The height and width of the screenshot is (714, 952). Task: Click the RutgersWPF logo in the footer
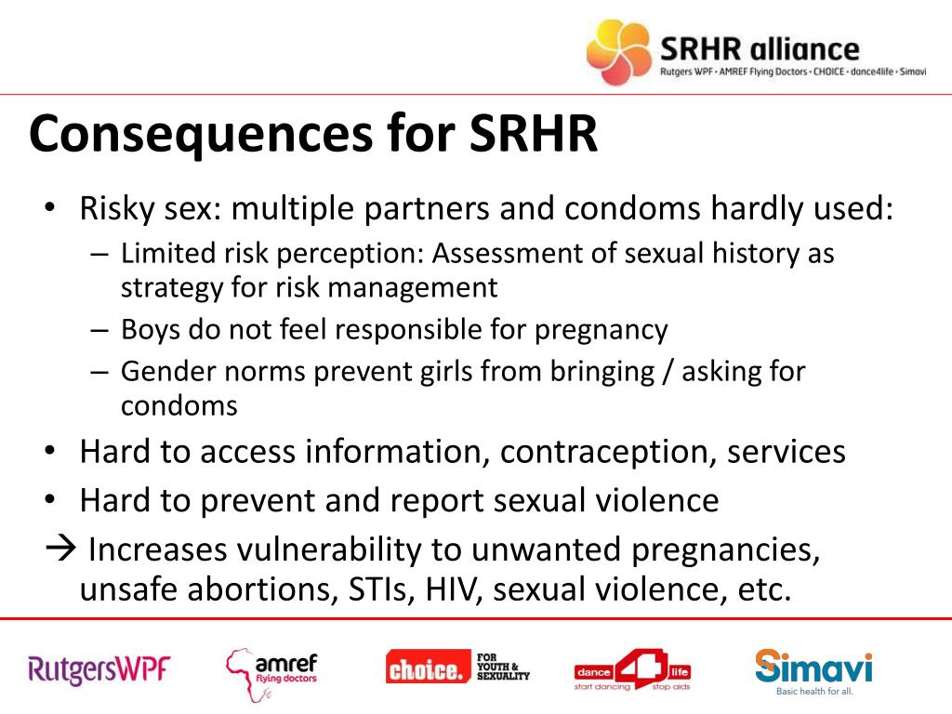99,668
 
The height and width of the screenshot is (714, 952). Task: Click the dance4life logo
632,669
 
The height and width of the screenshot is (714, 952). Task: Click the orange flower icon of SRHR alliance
617,51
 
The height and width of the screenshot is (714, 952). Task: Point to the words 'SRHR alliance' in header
760,48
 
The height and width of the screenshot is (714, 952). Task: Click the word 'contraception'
608,452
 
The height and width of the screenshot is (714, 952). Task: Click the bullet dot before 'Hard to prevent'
52,501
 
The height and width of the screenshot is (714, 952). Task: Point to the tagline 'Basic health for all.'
814,692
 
